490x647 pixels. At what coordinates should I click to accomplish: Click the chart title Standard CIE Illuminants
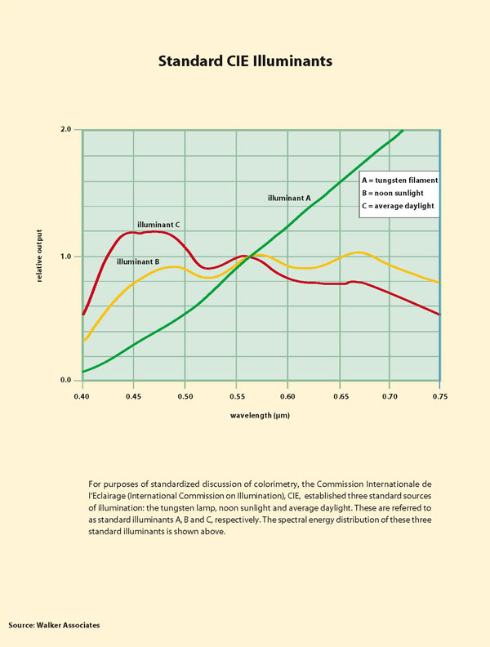[x=245, y=61]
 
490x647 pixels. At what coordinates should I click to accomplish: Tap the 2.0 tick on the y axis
[x=65, y=129]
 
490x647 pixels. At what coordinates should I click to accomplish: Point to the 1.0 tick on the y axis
[x=65, y=257]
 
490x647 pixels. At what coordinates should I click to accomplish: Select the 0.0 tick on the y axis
[x=65, y=381]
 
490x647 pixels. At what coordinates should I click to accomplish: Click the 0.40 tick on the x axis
[x=82, y=396]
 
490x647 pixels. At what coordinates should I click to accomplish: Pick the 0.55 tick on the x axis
[x=235, y=396]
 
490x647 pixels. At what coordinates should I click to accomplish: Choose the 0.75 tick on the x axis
[x=439, y=396]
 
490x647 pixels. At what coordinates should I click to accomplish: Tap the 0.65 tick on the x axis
[x=337, y=396]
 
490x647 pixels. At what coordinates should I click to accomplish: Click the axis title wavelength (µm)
[x=261, y=416]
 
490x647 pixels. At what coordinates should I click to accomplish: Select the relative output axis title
[x=39, y=256]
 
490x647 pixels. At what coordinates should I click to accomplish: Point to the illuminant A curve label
[x=290, y=198]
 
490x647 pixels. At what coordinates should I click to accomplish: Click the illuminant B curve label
[x=137, y=262]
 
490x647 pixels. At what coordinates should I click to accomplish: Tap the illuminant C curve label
[x=158, y=224]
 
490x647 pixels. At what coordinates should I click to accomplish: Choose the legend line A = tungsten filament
[x=400, y=180]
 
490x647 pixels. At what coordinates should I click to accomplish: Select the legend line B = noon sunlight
[x=393, y=193]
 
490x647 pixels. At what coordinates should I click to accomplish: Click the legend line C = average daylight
[x=397, y=206]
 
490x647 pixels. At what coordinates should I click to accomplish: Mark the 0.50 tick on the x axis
[x=184, y=396]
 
